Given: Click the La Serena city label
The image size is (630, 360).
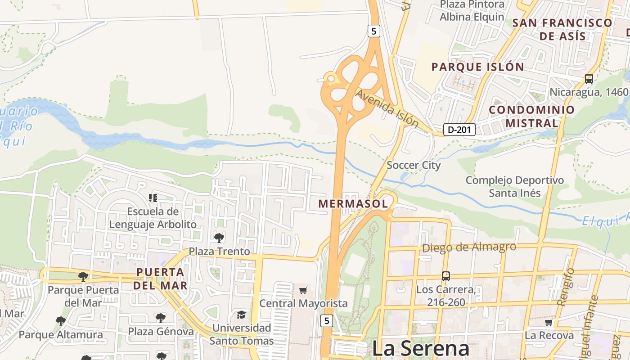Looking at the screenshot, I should pos(420,349).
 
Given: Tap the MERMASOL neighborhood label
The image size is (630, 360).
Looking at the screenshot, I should pos(353,203).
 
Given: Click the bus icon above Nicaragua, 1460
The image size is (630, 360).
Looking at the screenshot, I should pos(589,79).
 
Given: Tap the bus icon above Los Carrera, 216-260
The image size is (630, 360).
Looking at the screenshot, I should pos(445,276).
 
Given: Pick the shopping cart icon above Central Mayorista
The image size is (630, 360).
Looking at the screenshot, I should pos(303,290).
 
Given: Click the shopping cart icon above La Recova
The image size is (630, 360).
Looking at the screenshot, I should pos(549,322).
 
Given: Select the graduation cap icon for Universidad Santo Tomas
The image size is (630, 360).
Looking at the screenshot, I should pos(242,314).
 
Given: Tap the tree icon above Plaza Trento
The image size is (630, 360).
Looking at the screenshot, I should pos(219,238).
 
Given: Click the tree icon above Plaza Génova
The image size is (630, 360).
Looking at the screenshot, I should pos(161,318).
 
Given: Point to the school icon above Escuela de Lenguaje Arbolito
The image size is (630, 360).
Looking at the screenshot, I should pos(153,198).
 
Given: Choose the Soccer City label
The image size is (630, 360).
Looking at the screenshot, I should pos(414,165).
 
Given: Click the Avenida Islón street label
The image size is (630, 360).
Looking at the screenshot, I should pos(387,108).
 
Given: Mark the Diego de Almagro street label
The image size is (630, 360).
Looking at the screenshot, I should pos(469,247).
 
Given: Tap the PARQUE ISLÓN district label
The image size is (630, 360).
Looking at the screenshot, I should pos(477,67).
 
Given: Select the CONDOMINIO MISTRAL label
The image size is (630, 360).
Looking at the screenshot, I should pos(531,116).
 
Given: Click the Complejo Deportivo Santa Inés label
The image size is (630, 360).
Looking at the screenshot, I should pos(514,187).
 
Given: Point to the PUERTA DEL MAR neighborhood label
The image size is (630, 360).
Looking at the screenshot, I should pos(161,278).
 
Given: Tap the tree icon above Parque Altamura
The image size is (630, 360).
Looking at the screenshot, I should pos(61,321).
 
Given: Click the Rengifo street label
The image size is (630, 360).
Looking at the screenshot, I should pos(566,287).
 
